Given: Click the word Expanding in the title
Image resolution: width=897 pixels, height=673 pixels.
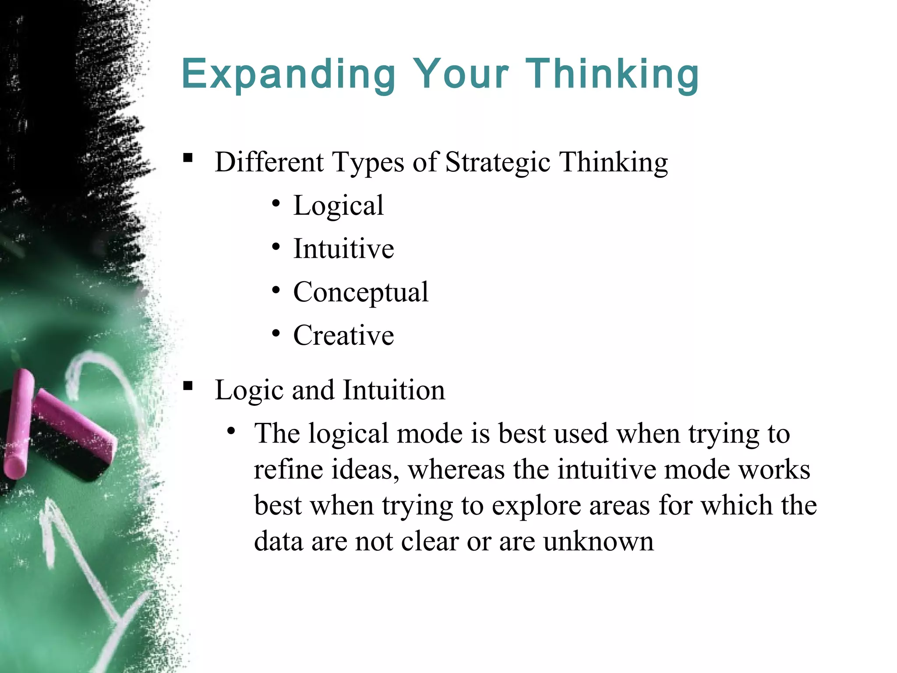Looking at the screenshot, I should click(x=289, y=74).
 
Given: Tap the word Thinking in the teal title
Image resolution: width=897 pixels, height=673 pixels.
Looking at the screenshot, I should click(x=612, y=74).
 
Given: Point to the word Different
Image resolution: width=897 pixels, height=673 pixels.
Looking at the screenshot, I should click(x=269, y=162).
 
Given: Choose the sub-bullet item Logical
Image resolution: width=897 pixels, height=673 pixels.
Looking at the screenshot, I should click(x=338, y=205).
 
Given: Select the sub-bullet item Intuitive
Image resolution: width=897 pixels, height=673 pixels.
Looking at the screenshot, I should click(x=343, y=249).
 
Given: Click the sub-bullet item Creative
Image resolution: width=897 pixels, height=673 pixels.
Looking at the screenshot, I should click(x=343, y=336).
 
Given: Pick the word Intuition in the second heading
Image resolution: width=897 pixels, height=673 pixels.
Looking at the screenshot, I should click(x=394, y=390).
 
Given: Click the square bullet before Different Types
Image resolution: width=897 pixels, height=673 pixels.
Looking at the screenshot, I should click(x=188, y=158).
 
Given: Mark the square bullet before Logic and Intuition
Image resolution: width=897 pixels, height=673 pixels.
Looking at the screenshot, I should click(x=188, y=386).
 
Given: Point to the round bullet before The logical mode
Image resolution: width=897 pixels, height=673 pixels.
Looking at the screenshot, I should click(x=231, y=431).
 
